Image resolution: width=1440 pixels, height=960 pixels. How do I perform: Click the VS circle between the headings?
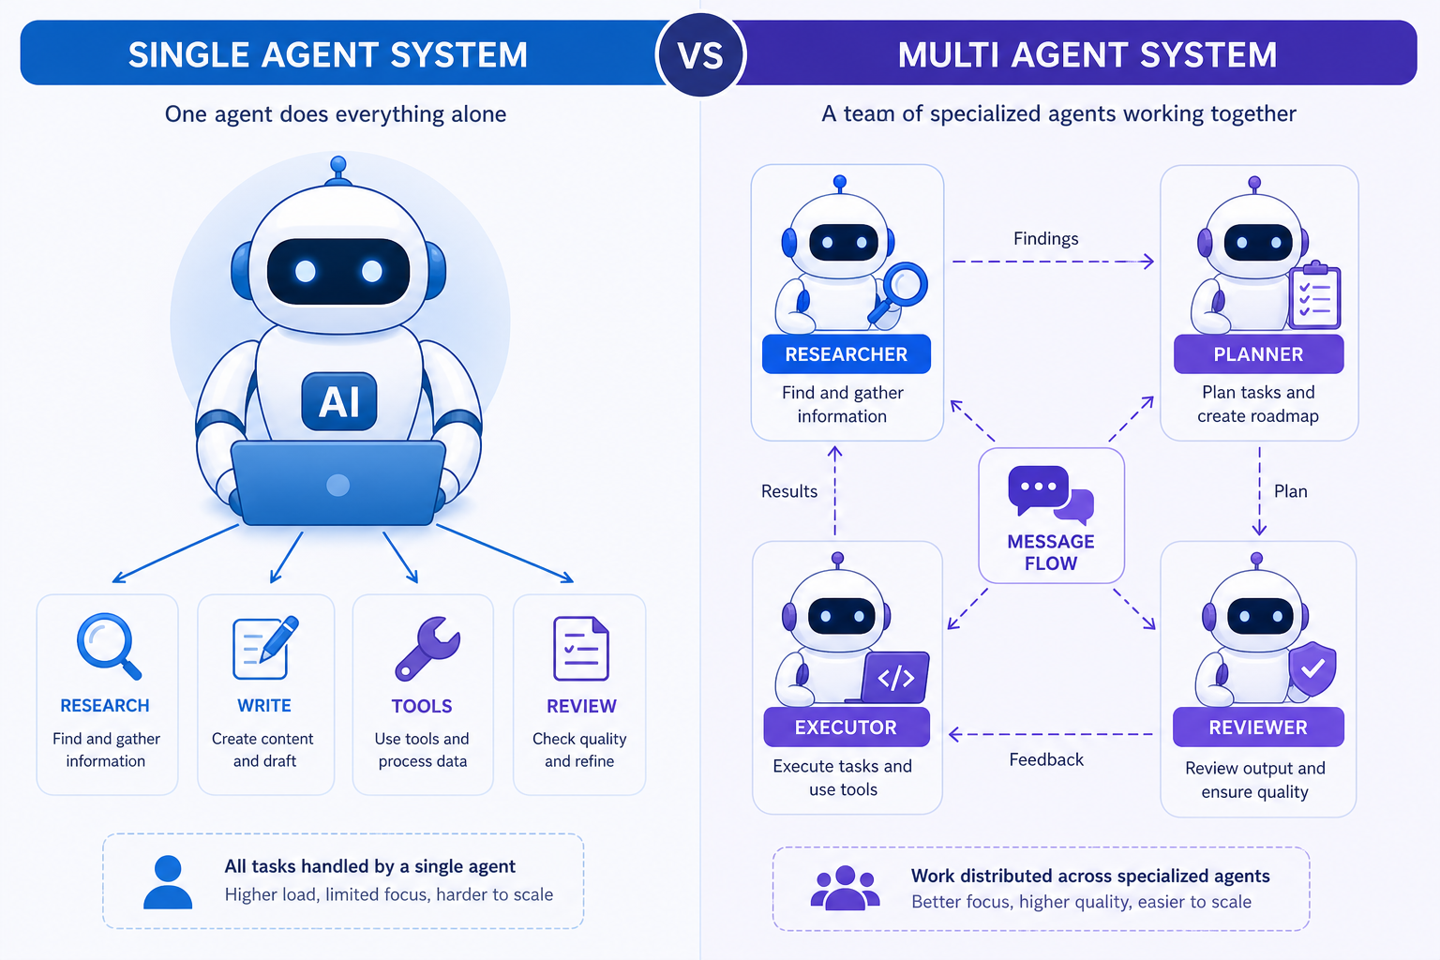(x=700, y=54)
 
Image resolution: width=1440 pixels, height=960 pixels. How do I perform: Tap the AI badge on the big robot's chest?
(x=338, y=401)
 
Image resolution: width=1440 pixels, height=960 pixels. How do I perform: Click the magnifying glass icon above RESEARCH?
(x=108, y=646)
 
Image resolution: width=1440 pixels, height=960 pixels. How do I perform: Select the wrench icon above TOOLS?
(x=427, y=648)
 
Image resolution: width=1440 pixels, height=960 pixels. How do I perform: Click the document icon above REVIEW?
(x=580, y=648)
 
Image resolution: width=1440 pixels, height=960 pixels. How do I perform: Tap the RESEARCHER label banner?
(x=846, y=354)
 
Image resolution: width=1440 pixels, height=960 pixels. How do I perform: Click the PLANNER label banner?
(x=1258, y=354)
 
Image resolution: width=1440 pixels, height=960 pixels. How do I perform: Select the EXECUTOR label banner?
(x=846, y=727)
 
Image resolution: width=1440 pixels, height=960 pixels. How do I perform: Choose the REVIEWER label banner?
(x=1258, y=727)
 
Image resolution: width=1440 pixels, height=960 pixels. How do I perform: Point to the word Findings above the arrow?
(x=1046, y=239)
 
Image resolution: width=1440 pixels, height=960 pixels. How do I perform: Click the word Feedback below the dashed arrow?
(x=1046, y=760)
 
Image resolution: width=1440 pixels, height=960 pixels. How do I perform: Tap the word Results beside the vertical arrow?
(x=788, y=491)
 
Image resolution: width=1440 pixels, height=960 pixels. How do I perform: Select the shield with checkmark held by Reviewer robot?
(x=1312, y=668)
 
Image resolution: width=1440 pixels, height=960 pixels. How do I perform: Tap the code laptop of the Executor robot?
(x=892, y=678)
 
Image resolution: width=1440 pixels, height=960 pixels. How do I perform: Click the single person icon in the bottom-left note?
(x=168, y=881)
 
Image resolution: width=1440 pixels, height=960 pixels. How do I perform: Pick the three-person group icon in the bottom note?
(x=845, y=888)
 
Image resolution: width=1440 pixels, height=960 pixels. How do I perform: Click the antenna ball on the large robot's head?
(x=338, y=165)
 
